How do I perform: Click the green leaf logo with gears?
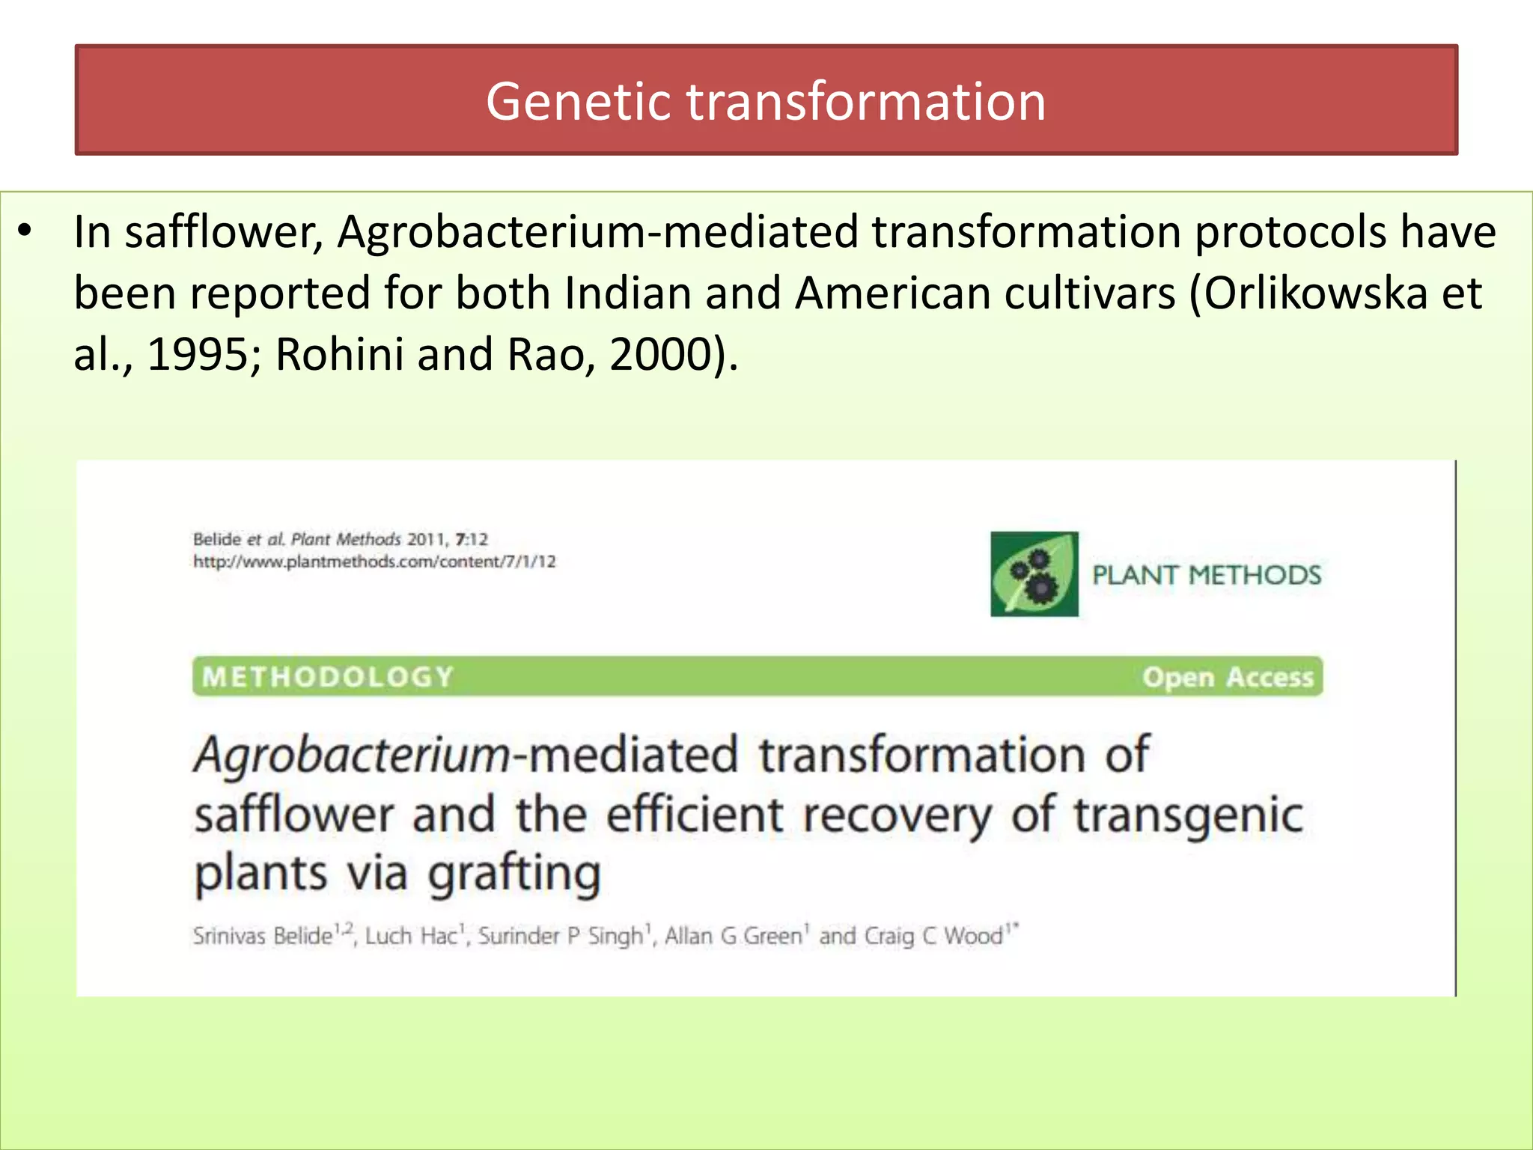(1034, 574)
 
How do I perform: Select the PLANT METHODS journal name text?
(1207, 575)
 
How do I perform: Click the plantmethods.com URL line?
(374, 562)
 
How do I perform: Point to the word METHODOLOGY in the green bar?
(328, 677)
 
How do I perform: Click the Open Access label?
(1228, 677)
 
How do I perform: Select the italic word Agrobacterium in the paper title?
(352, 755)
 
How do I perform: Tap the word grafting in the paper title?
(515, 874)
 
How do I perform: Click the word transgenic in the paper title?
(1189, 815)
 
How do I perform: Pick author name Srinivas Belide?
(263, 936)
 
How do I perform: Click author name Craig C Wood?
(933, 936)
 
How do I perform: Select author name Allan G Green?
(733, 936)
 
